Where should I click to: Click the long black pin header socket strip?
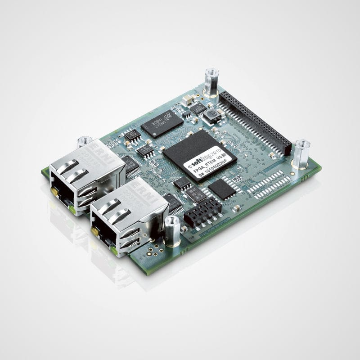click(254, 121)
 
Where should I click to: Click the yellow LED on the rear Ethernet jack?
click(55, 192)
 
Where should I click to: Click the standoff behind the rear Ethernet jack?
click(84, 142)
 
